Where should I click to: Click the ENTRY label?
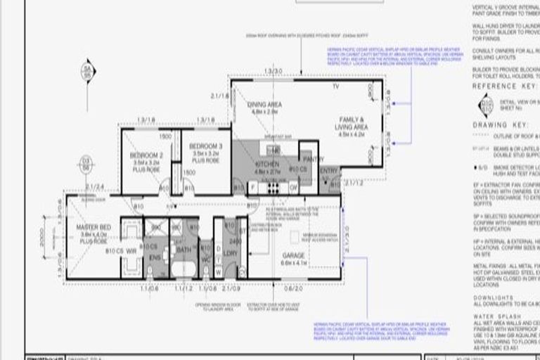click(328, 170)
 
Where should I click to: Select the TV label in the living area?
click(335, 86)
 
